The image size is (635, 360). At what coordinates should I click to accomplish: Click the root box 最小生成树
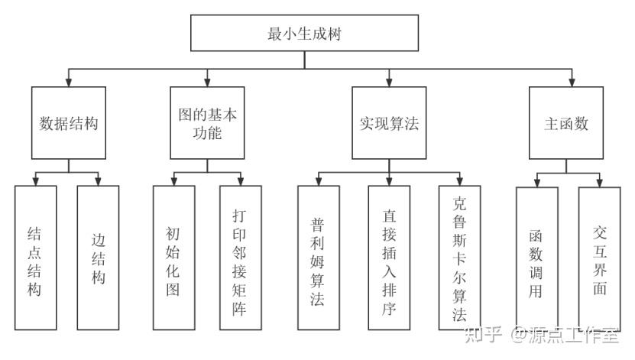(x=304, y=33)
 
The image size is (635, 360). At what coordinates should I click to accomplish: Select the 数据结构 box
(x=69, y=123)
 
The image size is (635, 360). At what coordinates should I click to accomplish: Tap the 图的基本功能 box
(x=207, y=123)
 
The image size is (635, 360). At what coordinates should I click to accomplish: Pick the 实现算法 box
(x=389, y=123)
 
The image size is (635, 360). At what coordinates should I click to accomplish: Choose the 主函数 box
(x=565, y=123)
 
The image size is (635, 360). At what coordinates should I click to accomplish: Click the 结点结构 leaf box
(x=36, y=258)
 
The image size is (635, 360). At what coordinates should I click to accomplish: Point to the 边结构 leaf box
(x=98, y=258)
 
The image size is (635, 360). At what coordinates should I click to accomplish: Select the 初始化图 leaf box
(x=173, y=258)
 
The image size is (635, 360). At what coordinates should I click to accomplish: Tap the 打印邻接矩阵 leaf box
(x=241, y=258)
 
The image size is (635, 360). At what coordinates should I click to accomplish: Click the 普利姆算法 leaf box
(x=319, y=258)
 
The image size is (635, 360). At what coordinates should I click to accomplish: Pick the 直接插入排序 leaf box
(x=389, y=258)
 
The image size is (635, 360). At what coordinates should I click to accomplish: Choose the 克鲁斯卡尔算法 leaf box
(x=460, y=258)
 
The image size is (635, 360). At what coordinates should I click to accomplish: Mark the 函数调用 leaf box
(x=537, y=259)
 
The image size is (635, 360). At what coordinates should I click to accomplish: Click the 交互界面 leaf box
(x=599, y=259)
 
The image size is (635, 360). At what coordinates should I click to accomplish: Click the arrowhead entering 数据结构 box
(x=69, y=83)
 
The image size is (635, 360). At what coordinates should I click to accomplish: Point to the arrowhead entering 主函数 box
(x=572, y=83)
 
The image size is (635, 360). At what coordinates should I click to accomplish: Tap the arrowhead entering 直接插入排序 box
(x=389, y=181)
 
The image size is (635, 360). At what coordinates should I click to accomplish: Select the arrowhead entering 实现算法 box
(x=389, y=83)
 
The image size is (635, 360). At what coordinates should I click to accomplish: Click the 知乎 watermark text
(x=483, y=335)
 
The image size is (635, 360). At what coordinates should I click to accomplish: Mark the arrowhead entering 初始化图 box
(x=173, y=181)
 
